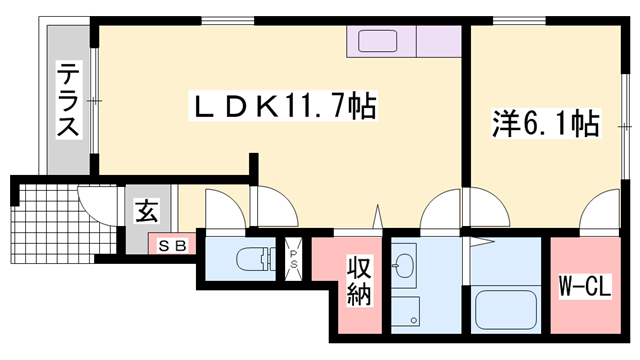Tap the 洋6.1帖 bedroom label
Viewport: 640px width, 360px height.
click(545, 124)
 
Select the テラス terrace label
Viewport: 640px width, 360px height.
click(68, 99)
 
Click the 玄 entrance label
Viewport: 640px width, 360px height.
click(146, 212)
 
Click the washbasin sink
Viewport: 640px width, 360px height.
click(405, 264)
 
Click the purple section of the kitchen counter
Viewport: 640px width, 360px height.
click(440, 43)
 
